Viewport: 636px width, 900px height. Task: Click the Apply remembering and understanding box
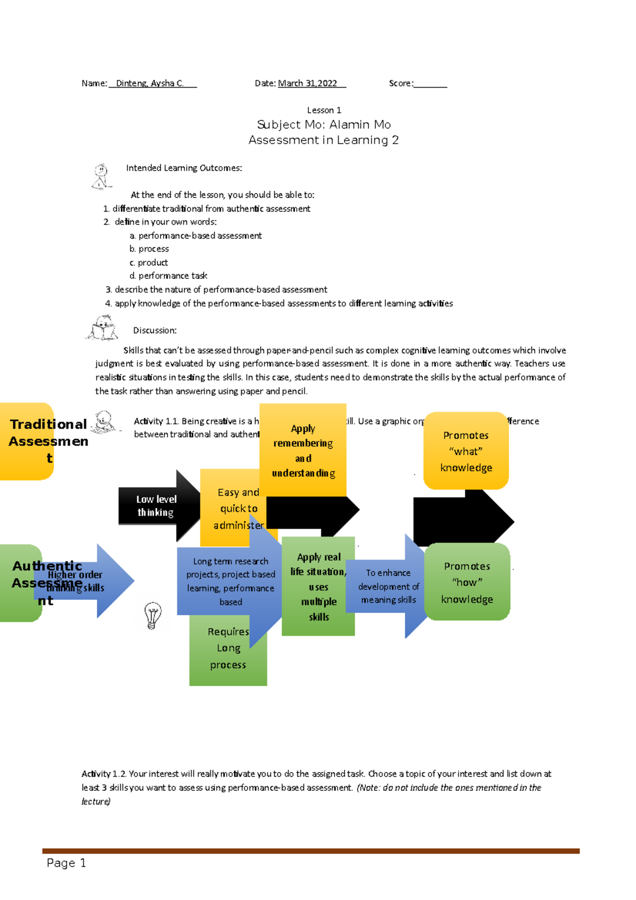click(x=303, y=450)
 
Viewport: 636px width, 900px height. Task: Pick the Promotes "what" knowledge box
click(x=466, y=451)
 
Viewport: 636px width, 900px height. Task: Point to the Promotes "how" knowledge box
click(x=467, y=582)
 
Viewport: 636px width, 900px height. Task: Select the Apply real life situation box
click(x=318, y=586)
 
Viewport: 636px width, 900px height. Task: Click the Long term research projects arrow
click(x=230, y=581)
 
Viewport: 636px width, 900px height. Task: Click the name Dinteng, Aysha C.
click(x=149, y=83)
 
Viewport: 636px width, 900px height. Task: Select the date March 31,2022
click(x=308, y=83)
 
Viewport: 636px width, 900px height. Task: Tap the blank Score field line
click(x=430, y=85)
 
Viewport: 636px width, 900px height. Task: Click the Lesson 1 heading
click(x=324, y=110)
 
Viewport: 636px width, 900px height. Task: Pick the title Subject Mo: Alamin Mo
click(x=324, y=125)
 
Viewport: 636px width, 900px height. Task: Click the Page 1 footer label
click(x=66, y=863)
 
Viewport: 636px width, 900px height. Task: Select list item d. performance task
click(x=169, y=276)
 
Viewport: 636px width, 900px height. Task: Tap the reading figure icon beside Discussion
click(x=102, y=329)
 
